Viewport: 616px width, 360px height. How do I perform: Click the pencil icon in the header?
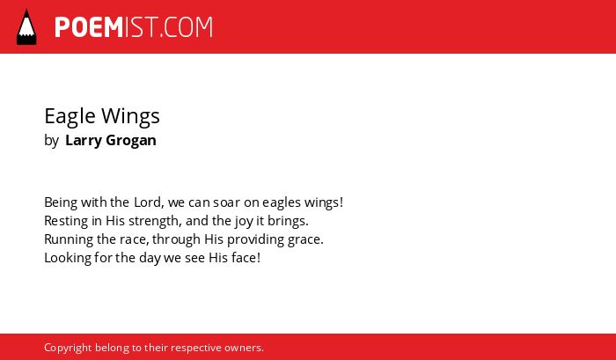coord(26,26)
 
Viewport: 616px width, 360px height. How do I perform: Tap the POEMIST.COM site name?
coord(134,27)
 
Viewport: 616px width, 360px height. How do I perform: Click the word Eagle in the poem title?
coord(70,117)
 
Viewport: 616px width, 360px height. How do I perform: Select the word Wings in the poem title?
coord(130,117)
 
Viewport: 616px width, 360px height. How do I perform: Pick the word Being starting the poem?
coord(61,203)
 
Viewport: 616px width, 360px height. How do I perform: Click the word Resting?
coord(66,222)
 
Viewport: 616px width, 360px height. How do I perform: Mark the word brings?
coord(288,222)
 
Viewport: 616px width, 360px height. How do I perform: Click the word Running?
coord(69,240)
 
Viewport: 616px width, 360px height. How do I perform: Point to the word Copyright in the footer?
coord(68,349)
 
